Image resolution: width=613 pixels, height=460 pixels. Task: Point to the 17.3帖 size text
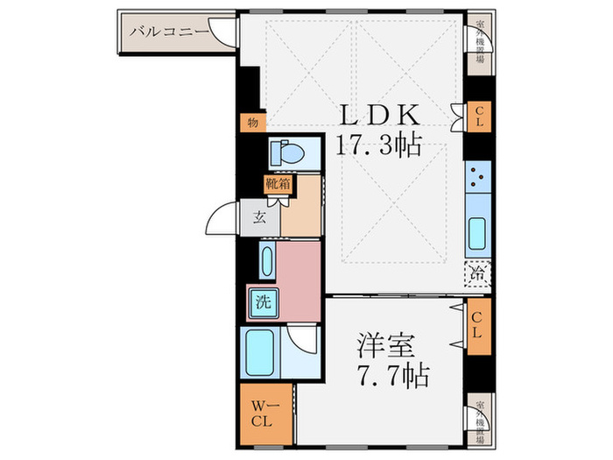tap(379, 145)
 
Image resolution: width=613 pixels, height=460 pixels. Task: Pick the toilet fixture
tap(286, 153)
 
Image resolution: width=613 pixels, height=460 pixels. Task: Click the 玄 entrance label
tap(260, 217)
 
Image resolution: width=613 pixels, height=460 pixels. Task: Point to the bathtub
tap(262, 353)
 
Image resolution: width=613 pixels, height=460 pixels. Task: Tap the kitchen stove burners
tap(477, 177)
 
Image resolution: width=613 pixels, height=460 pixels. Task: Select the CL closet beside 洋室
tap(478, 326)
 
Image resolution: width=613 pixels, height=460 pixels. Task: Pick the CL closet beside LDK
tap(478, 117)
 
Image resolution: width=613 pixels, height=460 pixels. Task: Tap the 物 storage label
tap(251, 124)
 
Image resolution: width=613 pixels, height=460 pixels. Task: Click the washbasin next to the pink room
tap(265, 260)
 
